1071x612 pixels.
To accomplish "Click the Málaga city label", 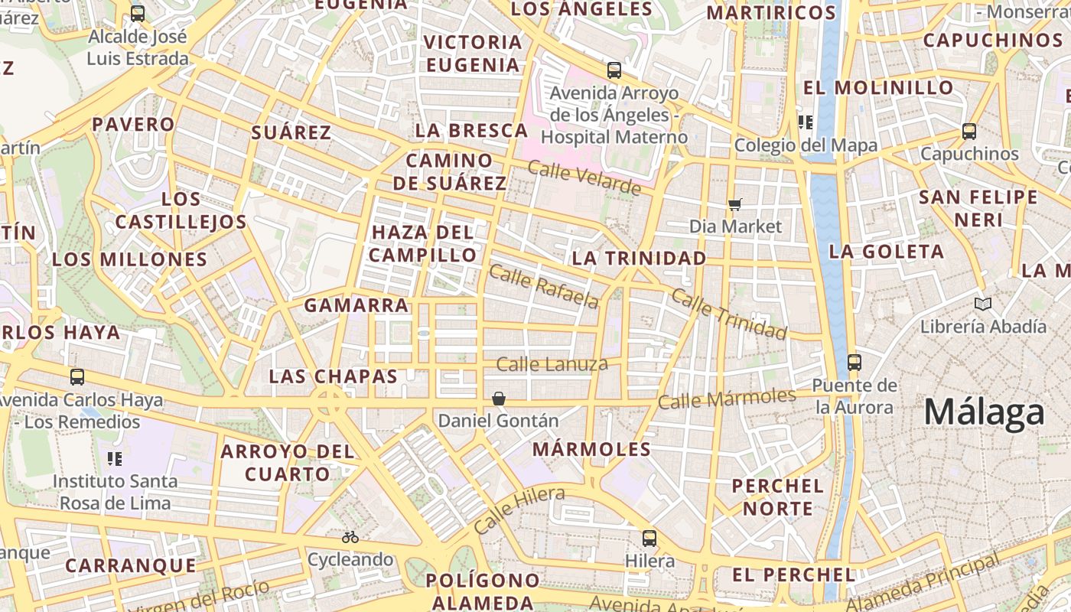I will coord(984,413).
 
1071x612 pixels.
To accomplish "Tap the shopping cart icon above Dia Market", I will coord(735,204).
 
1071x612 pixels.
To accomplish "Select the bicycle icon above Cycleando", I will coord(350,537).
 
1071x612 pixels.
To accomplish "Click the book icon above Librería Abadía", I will coord(983,304).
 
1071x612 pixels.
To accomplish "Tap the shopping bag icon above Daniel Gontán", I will coord(498,399).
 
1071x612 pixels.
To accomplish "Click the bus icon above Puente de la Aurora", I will coord(855,363).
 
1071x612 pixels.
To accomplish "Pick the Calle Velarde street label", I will coord(584,178).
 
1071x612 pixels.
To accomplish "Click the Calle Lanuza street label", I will coord(552,364).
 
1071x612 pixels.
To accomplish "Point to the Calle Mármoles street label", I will coord(727,399).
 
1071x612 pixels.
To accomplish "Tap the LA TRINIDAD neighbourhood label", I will coord(639,259).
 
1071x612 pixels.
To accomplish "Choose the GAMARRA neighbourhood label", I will coord(356,305).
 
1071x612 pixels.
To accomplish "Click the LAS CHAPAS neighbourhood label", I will coord(334,376).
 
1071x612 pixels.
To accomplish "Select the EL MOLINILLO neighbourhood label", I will coord(878,87).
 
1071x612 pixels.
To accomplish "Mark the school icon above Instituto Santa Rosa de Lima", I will coord(115,459).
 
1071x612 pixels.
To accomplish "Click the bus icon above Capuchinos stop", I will coord(969,132).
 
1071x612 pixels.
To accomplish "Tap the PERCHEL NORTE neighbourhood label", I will coord(777,497).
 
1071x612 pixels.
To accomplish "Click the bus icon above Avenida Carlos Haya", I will coord(77,377).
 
